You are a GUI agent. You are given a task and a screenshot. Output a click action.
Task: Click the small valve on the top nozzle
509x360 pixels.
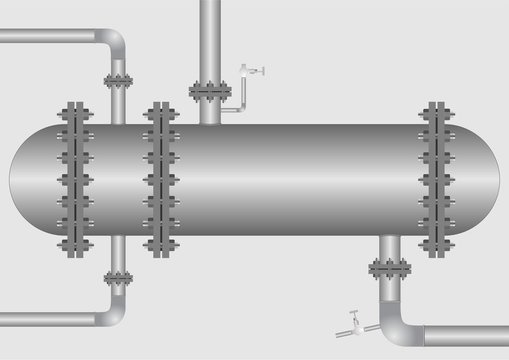pos(252,70)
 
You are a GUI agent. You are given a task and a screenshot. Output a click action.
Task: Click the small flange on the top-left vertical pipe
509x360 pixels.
pos(118,82)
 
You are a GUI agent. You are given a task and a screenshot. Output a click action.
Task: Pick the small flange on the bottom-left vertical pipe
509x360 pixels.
pos(118,278)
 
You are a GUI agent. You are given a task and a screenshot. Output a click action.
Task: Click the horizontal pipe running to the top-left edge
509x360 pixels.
pos(50,37)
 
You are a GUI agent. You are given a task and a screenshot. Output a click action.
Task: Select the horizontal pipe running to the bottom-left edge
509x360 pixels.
pos(50,319)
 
